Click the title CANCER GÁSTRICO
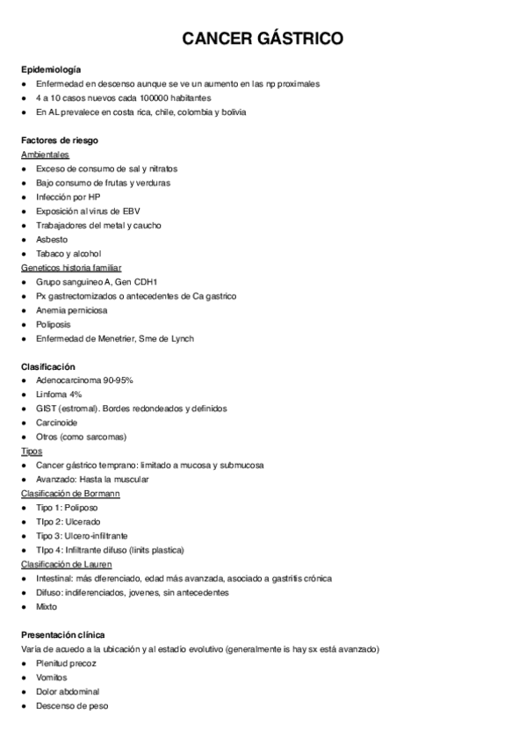(263, 39)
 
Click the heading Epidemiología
(52, 69)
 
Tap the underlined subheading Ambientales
(45, 155)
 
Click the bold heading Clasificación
(48, 366)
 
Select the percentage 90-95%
(116, 380)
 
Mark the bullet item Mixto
(47, 607)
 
